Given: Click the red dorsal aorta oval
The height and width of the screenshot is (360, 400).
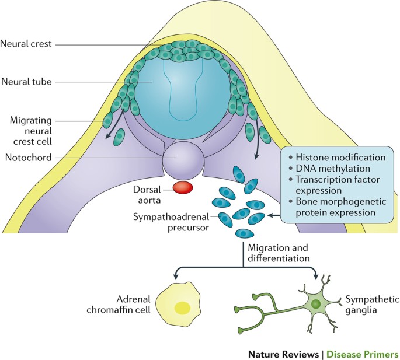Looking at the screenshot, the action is point(183,188).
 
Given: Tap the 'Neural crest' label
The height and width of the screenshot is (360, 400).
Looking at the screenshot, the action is point(26,44).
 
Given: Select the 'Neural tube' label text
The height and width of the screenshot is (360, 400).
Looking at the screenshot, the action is point(26,82).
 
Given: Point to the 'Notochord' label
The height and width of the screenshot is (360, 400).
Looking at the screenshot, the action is point(28,158).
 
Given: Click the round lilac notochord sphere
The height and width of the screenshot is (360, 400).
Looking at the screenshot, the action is point(183,160).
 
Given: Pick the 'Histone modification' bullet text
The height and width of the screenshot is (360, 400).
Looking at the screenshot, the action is point(340,158).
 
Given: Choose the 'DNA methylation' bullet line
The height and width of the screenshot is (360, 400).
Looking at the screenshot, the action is point(333,168).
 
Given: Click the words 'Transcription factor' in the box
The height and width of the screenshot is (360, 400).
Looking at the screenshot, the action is point(338,179).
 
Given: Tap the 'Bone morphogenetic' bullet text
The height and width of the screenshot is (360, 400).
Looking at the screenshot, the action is point(341,201).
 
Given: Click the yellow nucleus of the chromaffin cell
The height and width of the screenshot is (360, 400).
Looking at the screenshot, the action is point(182,307).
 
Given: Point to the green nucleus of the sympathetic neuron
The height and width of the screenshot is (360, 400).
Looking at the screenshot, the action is point(316,304).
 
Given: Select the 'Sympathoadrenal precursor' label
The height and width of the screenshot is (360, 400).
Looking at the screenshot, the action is point(171,222).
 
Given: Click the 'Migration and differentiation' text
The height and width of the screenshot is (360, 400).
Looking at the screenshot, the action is point(279,253).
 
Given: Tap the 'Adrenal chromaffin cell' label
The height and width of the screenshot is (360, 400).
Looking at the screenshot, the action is point(119,304).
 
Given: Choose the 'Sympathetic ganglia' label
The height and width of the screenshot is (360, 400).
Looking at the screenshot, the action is point(372,305).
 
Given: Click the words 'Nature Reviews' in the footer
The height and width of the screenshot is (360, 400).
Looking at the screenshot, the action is point(283,354).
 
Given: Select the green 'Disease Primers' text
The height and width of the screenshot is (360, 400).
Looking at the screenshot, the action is point(363,354).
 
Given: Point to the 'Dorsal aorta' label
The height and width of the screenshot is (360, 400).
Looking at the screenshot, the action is point(147,195).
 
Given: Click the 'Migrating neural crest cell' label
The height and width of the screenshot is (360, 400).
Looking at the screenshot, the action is point(30,131).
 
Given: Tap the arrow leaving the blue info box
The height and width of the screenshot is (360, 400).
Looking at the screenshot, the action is point(274,216).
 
